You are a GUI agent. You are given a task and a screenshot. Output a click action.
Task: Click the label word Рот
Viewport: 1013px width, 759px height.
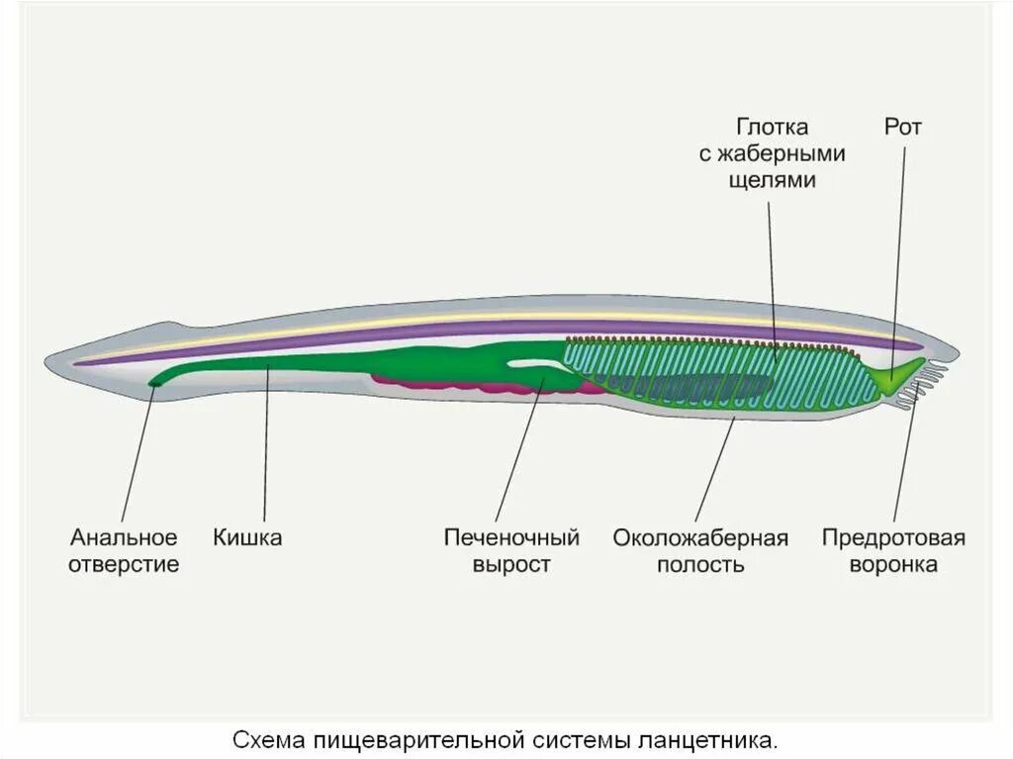click(x=902, y=128)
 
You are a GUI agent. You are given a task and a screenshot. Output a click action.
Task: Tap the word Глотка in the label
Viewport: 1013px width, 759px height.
click(x=773, y=128)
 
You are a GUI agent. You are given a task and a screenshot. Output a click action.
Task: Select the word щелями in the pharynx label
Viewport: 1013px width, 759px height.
click(x=772, y=180)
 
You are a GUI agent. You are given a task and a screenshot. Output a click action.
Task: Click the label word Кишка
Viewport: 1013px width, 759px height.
click(x=247, y=538)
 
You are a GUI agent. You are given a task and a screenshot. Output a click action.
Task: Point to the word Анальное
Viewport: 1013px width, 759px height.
click(x=124, y=538)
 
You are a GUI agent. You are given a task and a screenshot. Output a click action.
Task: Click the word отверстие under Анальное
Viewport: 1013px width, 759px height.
click(x=124, y=565)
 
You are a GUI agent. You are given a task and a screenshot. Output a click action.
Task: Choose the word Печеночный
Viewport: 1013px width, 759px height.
click(x=511, y=538)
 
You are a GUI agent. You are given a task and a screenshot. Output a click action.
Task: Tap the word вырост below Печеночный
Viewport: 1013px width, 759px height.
click(x=510, y=565)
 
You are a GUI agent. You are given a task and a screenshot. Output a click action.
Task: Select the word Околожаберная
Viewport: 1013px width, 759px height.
click(x=700, y=538)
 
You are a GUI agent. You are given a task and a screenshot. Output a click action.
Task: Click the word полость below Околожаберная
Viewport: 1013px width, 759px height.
click(x=700, y=565)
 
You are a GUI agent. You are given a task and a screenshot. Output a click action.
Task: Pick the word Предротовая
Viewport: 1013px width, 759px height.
click(x=893, y=538)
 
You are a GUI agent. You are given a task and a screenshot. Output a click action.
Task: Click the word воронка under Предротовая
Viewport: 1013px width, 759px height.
click(x=893, y=565)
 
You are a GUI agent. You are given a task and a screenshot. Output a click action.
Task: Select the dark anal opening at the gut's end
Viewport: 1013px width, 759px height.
click(x=154, y=382)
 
